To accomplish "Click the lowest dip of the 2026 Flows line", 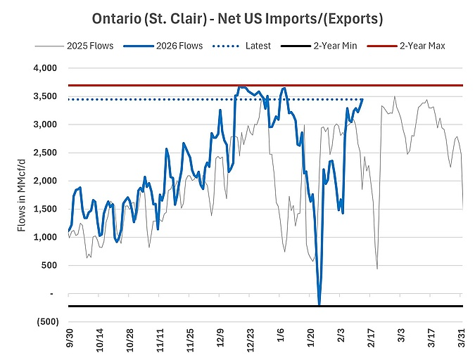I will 319,304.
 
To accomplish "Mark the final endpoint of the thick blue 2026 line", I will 362,99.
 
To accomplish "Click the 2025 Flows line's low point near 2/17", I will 377,268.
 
